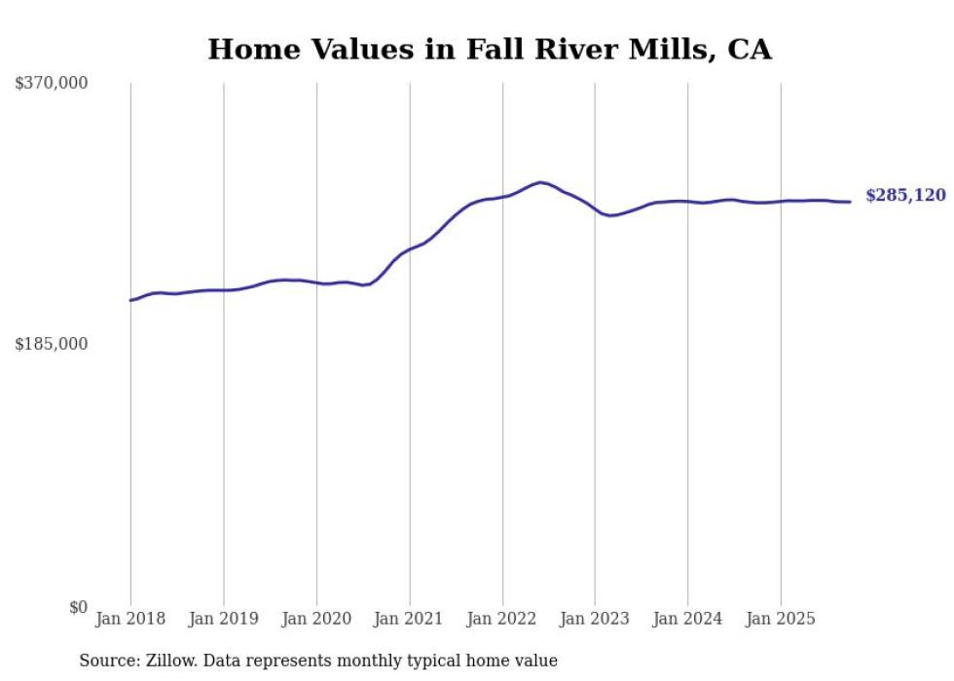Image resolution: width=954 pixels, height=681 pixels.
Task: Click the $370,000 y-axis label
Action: pos(52,84)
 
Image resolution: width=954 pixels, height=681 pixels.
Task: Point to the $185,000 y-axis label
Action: pos(52,344)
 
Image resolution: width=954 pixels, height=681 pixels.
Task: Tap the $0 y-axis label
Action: pos(78,607)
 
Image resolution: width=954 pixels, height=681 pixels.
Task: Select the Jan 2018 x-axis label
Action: pos(130,619)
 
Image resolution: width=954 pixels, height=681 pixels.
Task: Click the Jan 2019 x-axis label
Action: pos(223,619)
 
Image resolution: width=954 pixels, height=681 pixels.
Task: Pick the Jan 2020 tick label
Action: pos(316,619)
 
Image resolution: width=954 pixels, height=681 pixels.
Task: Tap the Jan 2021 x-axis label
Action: pos(409,619)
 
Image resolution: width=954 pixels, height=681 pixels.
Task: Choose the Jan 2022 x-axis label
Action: pos(502,619)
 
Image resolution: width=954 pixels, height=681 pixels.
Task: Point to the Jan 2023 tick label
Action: pos(595,619)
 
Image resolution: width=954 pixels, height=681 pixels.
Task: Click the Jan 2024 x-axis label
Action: pos(687,619)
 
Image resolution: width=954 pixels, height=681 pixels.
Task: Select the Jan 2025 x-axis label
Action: pos(781,619)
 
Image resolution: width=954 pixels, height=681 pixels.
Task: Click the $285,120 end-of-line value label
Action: pos(905,196)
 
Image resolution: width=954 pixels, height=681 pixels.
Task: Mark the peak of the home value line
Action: pos(540,182)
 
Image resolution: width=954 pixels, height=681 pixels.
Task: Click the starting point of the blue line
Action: pos(130,300)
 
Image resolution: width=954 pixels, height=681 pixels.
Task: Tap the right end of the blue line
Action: pos(850,202)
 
